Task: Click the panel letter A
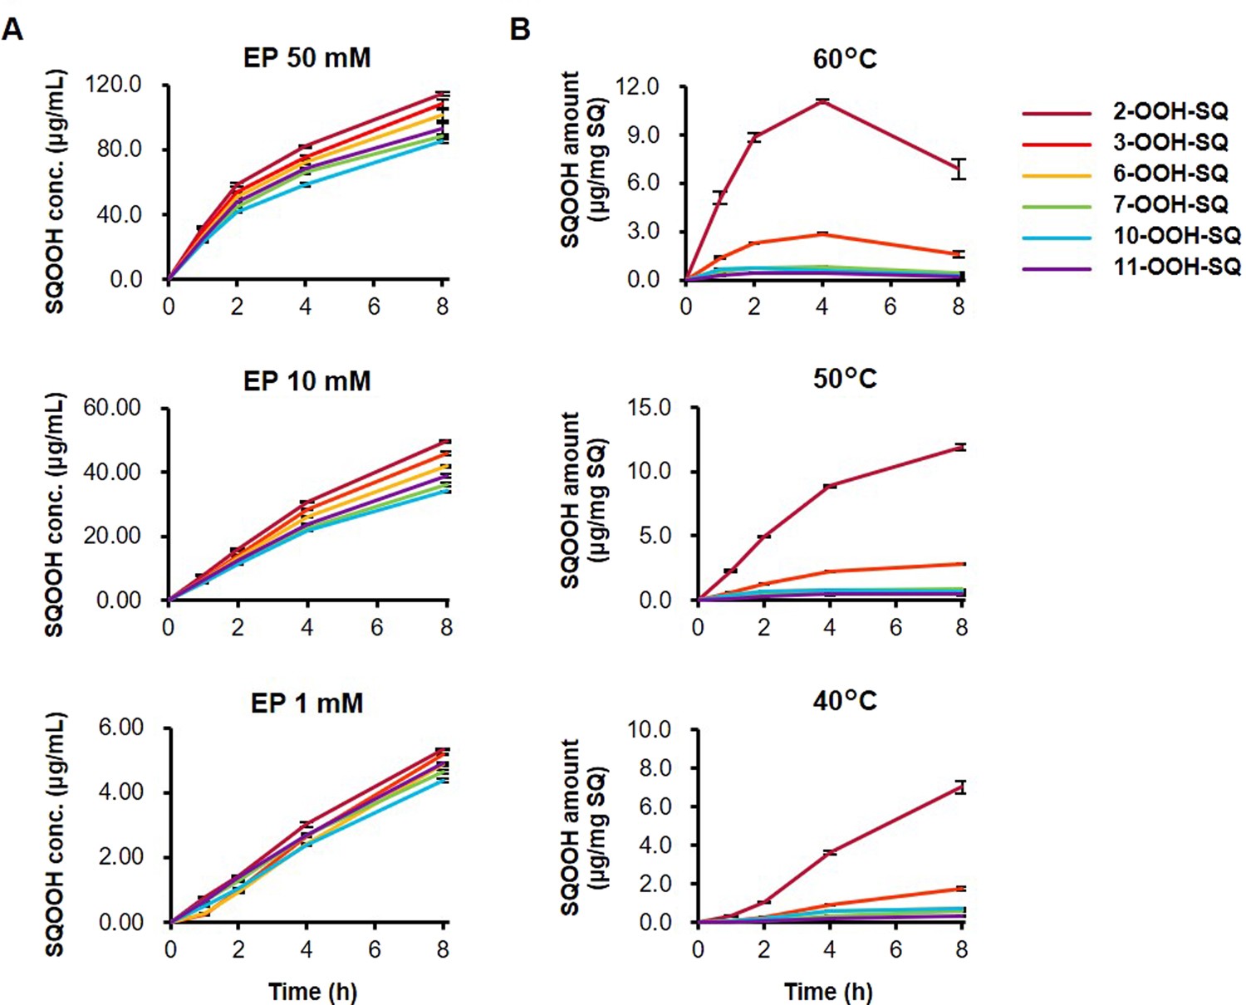[12, 30]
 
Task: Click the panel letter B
[520, 30]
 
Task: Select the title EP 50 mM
[307, 58]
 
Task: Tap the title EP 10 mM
[307, 381]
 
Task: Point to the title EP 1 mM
[307, 703]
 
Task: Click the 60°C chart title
[845, 59]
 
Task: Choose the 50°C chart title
[845, 379]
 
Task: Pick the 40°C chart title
[845, 701]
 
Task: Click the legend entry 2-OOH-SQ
[1170, 111]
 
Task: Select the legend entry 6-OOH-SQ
[1170, 174]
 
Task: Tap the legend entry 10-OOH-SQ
[1176, 236]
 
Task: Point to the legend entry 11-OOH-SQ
[1176, 267]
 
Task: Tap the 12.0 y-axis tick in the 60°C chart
[637, 86]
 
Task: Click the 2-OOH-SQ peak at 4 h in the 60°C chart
[822, 100]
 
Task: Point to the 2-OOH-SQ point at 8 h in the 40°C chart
[961, 787]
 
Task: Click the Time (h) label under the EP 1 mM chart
[312, 992]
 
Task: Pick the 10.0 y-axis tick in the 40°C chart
[650, 730]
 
